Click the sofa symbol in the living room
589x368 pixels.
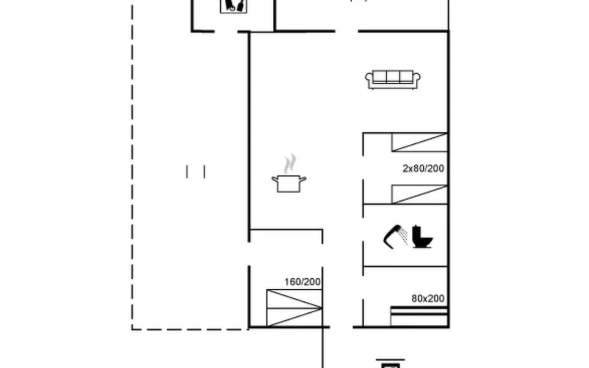[x=392, y=79]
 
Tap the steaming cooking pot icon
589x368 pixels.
[x=289, y=174]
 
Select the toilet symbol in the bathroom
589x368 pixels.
[x=422, y=236]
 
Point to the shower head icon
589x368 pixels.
[x=395, y=236]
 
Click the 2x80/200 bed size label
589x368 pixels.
[x=423, y=168]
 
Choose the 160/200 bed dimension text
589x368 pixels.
[x=303, y=282]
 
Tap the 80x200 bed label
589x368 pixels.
[x=428, y=298]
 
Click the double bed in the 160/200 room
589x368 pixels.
[x=294, y=308]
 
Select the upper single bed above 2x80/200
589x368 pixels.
[x=419, y=143]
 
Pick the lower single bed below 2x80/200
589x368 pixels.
[x=419, y=194]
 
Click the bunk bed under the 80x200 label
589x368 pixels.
[x=419, y=316]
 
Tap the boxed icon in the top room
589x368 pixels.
[x=234, y=6]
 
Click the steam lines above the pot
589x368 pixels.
[x=290, y=164]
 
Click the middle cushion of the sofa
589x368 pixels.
[x=392, y=76]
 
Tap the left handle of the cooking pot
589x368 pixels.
[x=275, y=179]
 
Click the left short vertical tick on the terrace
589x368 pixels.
[x=187, y=171]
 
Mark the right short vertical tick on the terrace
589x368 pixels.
[x=204, y=171]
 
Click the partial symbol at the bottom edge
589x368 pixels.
[x=391, y=363]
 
